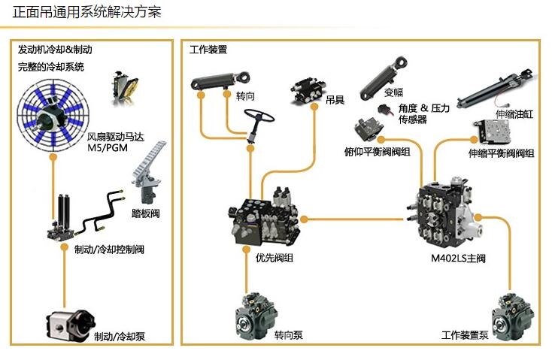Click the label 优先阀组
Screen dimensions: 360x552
pyautogui.click(x=274, y=259)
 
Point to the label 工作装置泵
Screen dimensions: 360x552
pyautogui.click(x=465, y=335)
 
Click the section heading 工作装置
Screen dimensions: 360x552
pyautogui.click(x=208, y=50)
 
